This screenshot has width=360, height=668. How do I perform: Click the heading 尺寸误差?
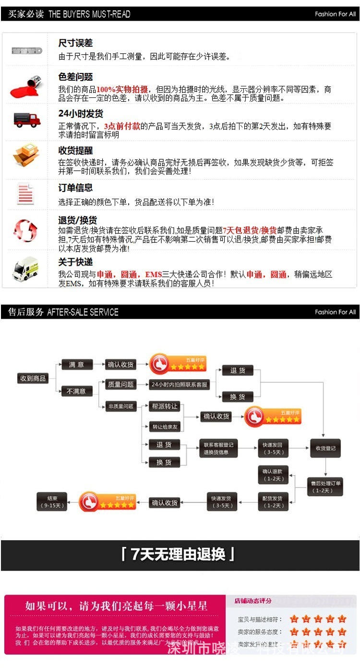pyautogui.click(x=75, y=43)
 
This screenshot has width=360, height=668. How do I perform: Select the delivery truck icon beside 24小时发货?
pyautogui.click(x=27, y=120)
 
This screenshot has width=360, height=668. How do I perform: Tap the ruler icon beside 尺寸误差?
pyautogui.click(x=27, y=50)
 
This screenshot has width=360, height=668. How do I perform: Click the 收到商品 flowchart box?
pyautogui.click(x=33, y=378)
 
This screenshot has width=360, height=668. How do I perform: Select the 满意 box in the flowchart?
pyautogui.click(x=77, y=365)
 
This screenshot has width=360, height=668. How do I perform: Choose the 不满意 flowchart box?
pyautogui.click(x=77, y=391)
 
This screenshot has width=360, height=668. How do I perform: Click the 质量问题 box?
pyautogui.click(x=121, y=384)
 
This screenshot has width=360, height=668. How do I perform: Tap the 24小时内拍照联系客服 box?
pyautogui.click(x=180, y=384)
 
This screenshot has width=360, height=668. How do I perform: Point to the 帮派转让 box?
pyautogui.click(x=164, y=406)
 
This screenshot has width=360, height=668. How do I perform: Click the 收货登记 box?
pyautogui.click(x=325, y=448)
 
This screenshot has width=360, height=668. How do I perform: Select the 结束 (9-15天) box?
pyautogui.click(x=52, y=501)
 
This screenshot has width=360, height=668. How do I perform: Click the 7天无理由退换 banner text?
pyautogui.click(x=179, y=555)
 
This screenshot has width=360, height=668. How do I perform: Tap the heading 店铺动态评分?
pyautogui.click(x=253, y=601)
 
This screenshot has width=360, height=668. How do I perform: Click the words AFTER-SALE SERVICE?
pyautogui.click(x=83, y=312)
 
